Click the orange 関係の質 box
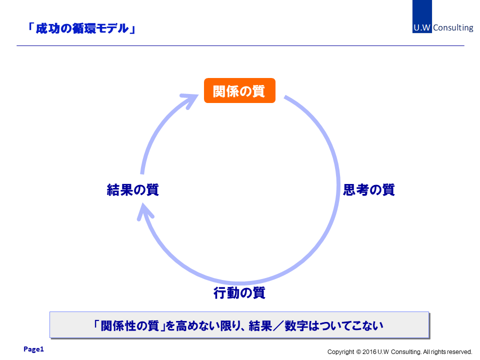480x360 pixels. click(239, 90)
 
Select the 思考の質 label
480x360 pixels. click(369, 190)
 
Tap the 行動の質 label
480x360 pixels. click(239, 292)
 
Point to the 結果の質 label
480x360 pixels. click(133, 190)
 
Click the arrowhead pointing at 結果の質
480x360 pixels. click(145, 211)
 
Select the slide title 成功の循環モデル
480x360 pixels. click(81, 28)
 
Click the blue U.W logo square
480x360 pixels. click(422, 16)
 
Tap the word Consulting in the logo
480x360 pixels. click(453, 28)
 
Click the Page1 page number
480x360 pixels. click(33, 349)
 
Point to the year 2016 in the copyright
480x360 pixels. click(369, 352)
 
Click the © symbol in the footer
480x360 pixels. click(358, 352)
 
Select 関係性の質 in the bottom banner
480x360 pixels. click(130, 325)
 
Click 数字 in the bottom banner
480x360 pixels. click(296, 325)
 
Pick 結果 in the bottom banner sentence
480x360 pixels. click(260, 325)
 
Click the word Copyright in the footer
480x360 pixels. click(340, 352)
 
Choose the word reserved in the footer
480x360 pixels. click(459, 352)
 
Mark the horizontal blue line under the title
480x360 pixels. click(240, 45)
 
